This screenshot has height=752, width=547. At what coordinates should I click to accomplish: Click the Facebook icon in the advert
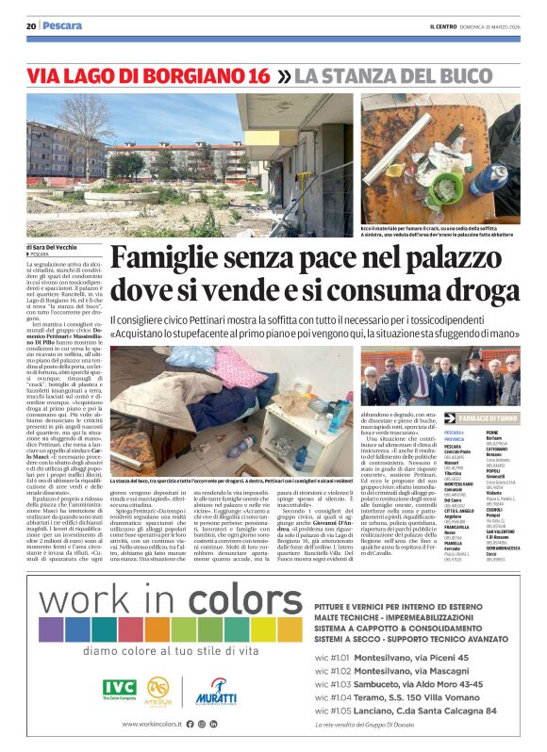(x=190, y=724)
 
